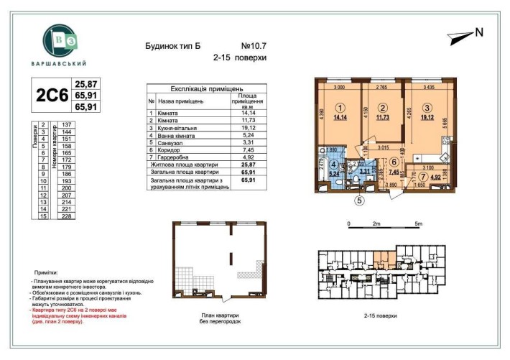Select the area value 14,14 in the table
(246, 113)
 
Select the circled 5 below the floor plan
(360, 201)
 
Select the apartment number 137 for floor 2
(70, 124)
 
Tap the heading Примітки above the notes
(47, 274)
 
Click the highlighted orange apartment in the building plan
(384, 257)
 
